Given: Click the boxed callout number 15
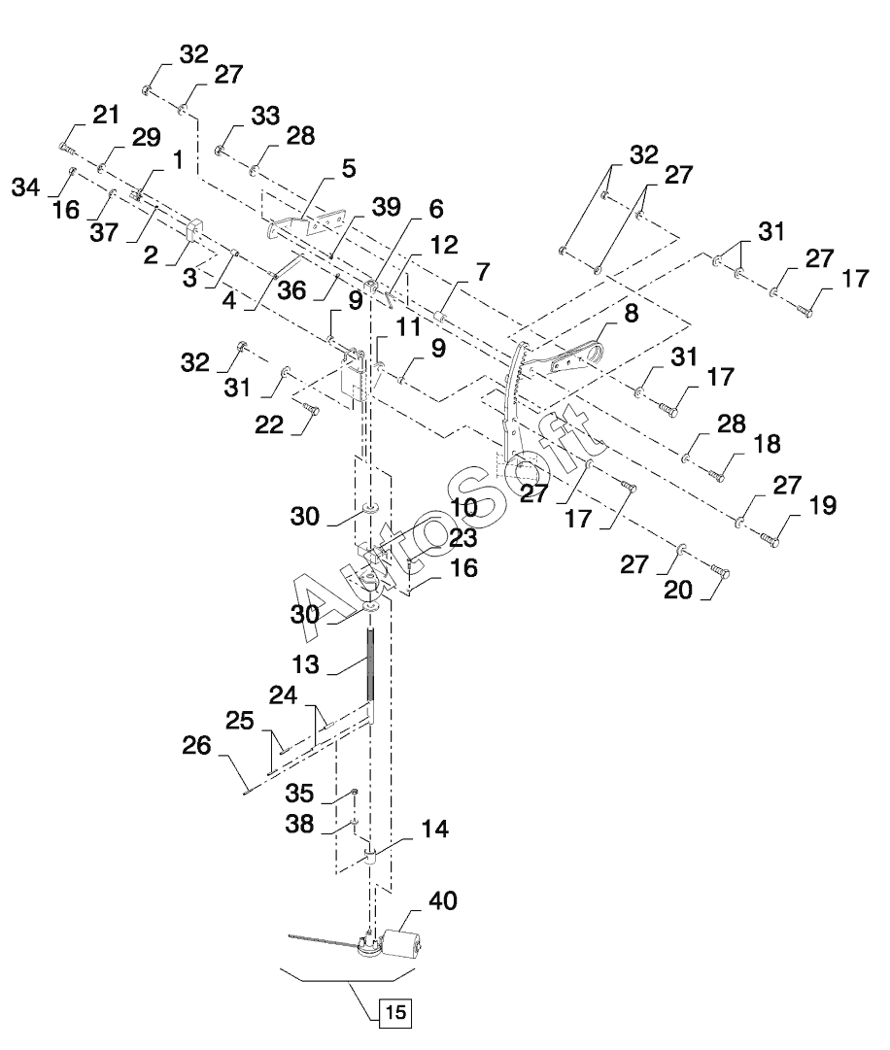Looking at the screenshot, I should pyautogui.click(x=394, y=1011).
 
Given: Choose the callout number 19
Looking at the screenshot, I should pyautogui.click(x=794, y=505).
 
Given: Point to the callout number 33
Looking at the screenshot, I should pyautogui.click(x=238, y=116).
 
